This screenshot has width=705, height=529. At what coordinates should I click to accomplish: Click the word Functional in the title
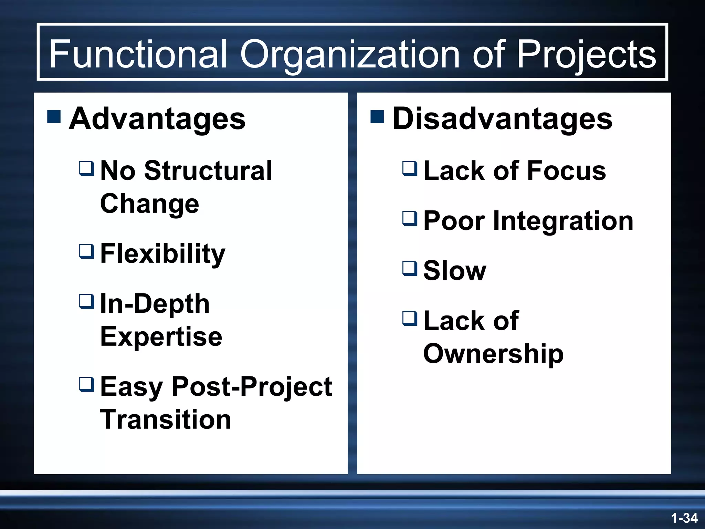click(x=138, y=54)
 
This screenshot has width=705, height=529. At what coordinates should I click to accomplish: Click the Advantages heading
click(x=157, y=119)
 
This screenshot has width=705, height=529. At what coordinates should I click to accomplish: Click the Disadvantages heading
click(x=502, y=119)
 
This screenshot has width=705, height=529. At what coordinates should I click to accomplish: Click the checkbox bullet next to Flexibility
click(x=86, y=251)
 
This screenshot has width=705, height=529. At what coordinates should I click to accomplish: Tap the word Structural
click(x=208, y=171)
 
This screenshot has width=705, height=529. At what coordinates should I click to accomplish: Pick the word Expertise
click(x=161, y=337)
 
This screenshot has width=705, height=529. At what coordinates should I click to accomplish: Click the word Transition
click(x=165, y=420)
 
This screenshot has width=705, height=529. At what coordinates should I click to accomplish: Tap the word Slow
click(x=454, y=271)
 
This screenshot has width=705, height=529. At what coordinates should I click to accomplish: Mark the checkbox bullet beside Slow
click(x=410, y=268)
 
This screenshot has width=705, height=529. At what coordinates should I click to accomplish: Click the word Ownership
click(x=493, y=354)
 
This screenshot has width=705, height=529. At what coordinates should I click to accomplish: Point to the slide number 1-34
click(x=684, y=518)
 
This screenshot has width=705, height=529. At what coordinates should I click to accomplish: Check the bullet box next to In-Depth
click(x=86, y=301)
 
